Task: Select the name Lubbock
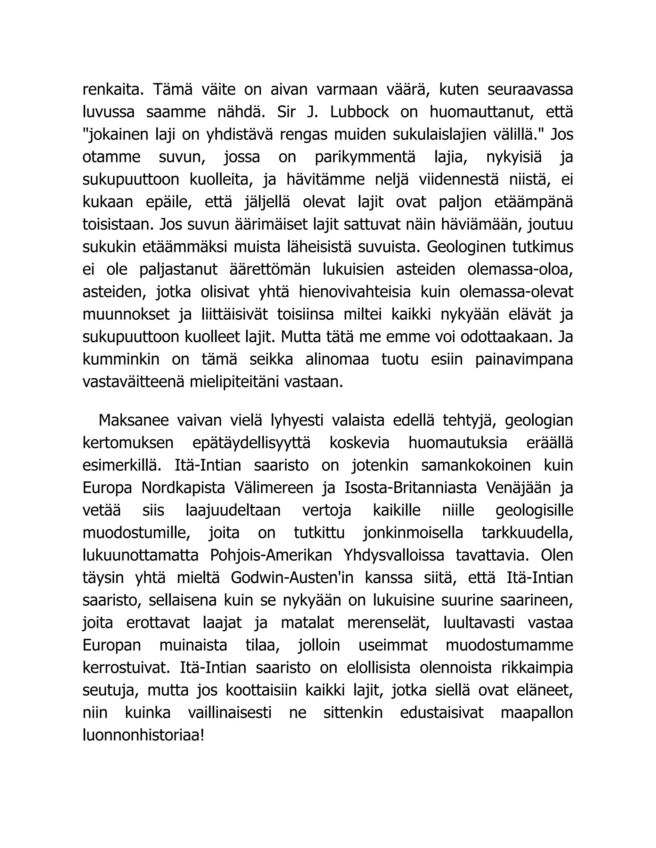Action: (359, 112)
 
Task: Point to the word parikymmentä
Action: (365, 157)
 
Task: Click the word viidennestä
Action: (459, 180)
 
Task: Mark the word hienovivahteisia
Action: (355, 292)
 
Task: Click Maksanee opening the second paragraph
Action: (134, 420)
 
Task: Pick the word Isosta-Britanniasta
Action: (411, 488)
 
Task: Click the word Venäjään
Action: (519, 488)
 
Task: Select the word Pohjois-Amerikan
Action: (271, 556)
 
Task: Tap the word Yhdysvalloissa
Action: (394, 556)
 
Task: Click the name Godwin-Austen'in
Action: (292, 578)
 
